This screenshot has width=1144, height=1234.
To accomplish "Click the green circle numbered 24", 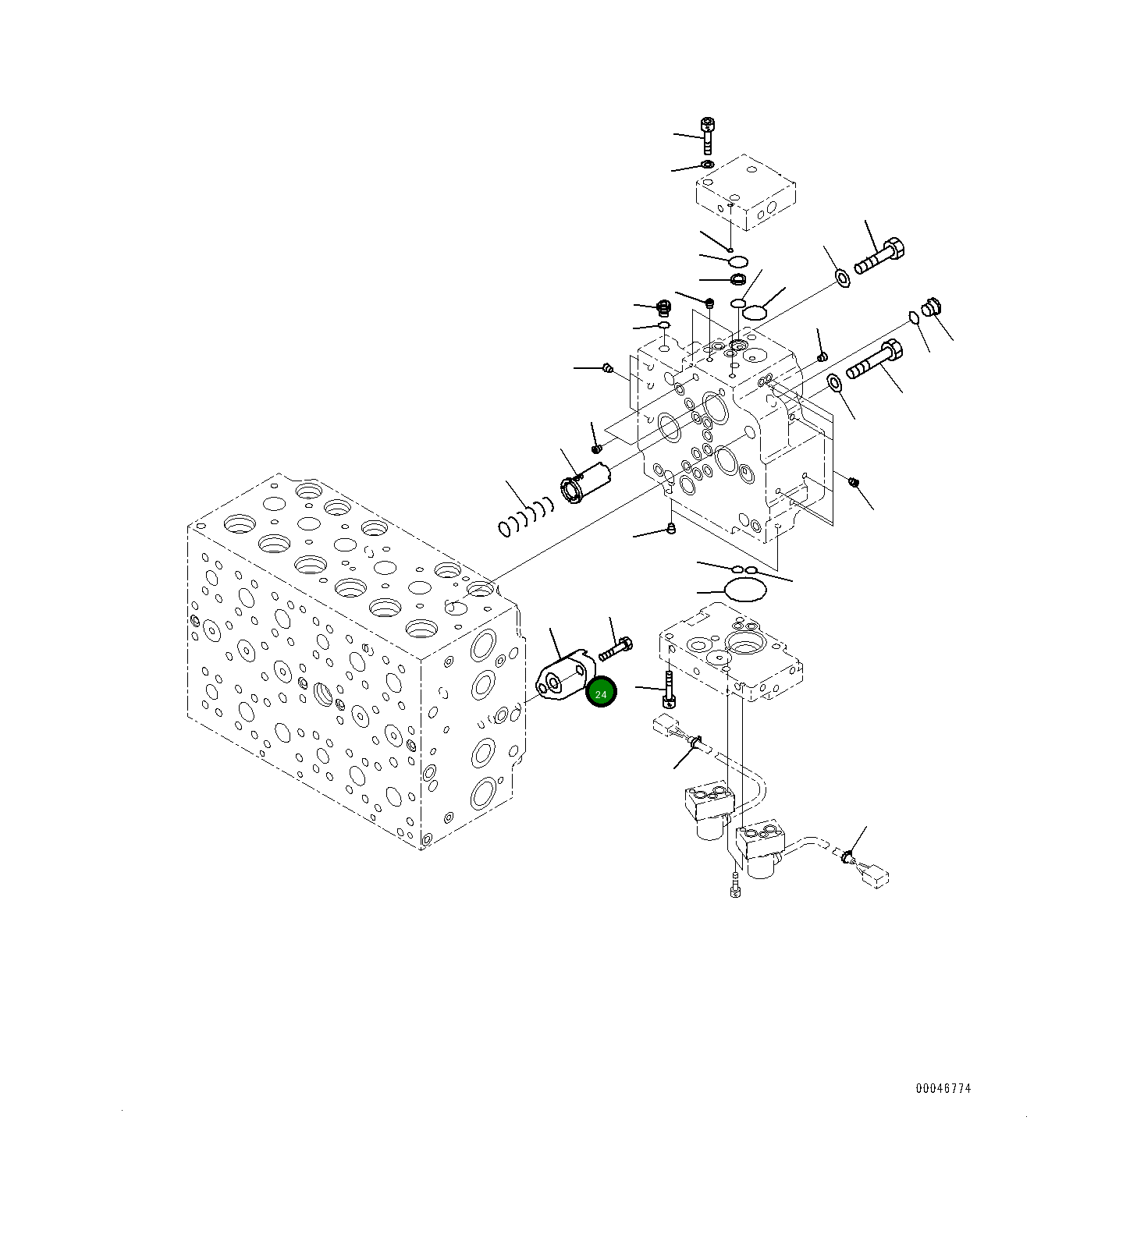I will tap(601, 693).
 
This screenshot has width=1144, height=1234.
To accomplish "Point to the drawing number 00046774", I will tap(943, 1088).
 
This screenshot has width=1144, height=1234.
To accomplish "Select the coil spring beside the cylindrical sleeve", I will tap(525, 517).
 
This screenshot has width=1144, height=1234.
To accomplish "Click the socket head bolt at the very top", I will tap(708, 133).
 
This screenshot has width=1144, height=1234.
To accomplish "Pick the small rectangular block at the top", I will tap(745, 193).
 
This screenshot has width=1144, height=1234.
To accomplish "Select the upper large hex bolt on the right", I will tap(880, 257).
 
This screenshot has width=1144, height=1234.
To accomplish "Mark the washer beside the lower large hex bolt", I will tap(835, 382).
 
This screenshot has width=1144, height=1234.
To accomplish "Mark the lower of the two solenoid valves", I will tap(759, 851).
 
